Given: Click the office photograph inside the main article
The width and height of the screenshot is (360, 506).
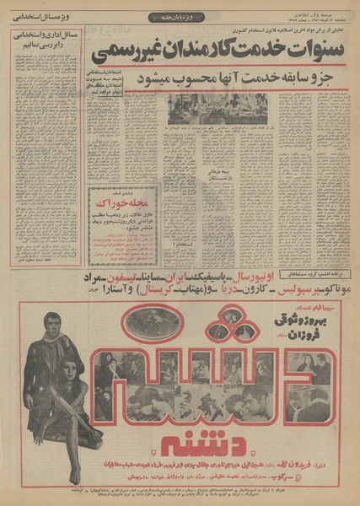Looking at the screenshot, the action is pyautogui.click(x=223, y=108).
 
